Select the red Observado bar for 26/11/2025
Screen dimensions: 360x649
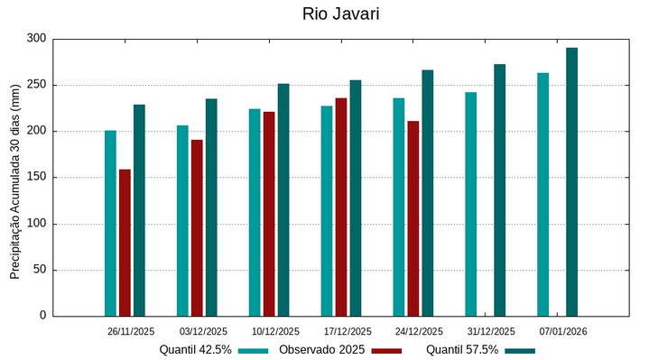coord(125,242)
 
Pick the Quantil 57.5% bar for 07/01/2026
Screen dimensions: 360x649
coord(571,181)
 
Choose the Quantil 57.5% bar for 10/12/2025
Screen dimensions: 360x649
coord(283,199)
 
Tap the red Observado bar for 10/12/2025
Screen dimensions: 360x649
coord(269,214)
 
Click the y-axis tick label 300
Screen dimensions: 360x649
coord(36,39)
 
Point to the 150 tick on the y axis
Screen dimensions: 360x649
coord(36,178)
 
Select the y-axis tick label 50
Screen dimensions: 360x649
coord(40,270)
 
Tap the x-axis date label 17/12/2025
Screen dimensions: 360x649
coord(348,331)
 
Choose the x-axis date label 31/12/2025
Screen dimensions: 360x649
coord(491,331)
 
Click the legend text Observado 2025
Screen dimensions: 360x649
coord(322,349)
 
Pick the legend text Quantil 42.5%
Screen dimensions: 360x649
coord(196,349)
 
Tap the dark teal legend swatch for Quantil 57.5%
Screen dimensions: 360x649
coord(520,350)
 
